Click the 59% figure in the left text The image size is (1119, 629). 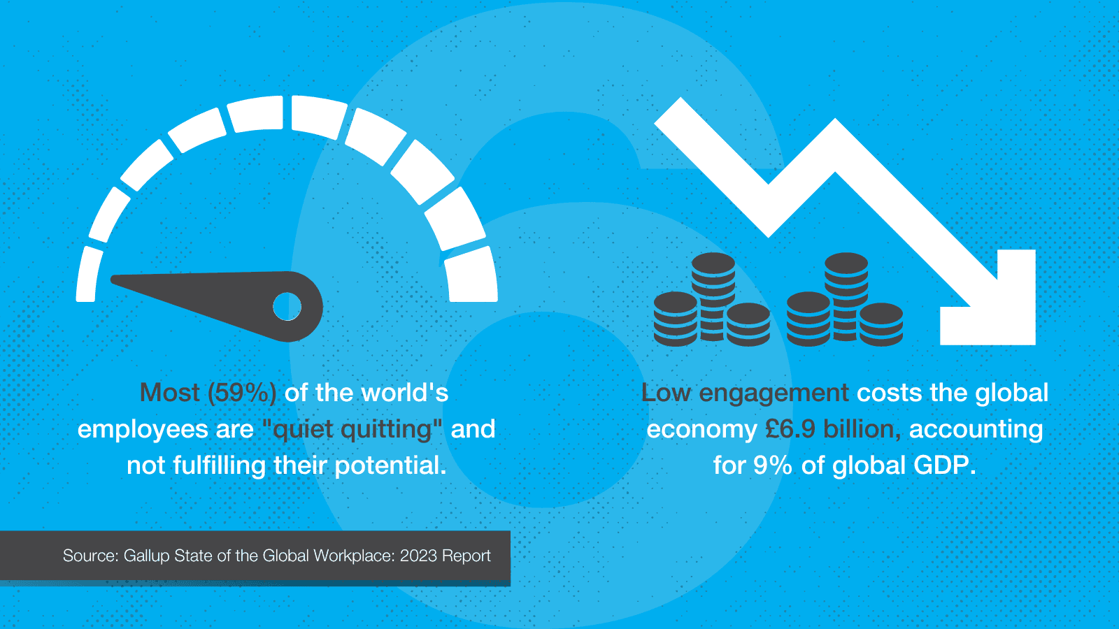(242, 393)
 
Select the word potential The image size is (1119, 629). (390, 465)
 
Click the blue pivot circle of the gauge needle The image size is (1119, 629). (287, 306)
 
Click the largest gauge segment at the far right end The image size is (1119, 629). (470, 278)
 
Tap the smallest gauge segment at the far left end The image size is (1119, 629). (88, 274)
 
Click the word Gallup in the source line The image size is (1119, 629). (147, 556)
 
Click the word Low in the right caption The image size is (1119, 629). (666, 393)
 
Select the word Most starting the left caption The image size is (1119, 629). (169, 393)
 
